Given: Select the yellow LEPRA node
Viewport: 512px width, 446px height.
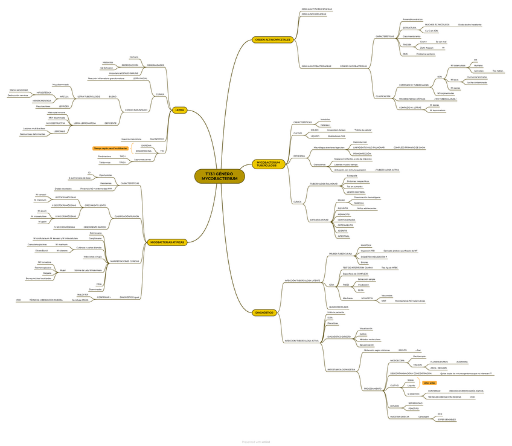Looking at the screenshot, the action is coord(179,110).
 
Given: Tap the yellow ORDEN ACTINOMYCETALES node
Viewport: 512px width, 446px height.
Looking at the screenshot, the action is coord(272,40).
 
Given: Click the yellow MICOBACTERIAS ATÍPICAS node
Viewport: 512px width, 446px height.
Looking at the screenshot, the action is coord(166,242).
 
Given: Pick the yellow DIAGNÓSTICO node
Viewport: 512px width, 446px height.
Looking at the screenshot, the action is coord(265,312).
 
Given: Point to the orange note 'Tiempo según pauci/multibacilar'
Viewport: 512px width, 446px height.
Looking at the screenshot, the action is coord(110,148).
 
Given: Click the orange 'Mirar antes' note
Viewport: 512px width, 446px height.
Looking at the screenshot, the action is coord(429,383).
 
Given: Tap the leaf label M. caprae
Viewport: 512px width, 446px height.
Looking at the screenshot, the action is coord(456,88).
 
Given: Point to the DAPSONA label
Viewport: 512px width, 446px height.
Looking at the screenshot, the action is coord(147,146).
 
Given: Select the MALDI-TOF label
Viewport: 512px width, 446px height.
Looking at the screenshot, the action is coord(83,294).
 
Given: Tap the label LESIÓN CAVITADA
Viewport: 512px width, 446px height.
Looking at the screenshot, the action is coord(354,192).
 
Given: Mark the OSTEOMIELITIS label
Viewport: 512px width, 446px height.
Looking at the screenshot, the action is coord(345,225).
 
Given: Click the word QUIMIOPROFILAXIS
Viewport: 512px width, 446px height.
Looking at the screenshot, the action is coord(337,307).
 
